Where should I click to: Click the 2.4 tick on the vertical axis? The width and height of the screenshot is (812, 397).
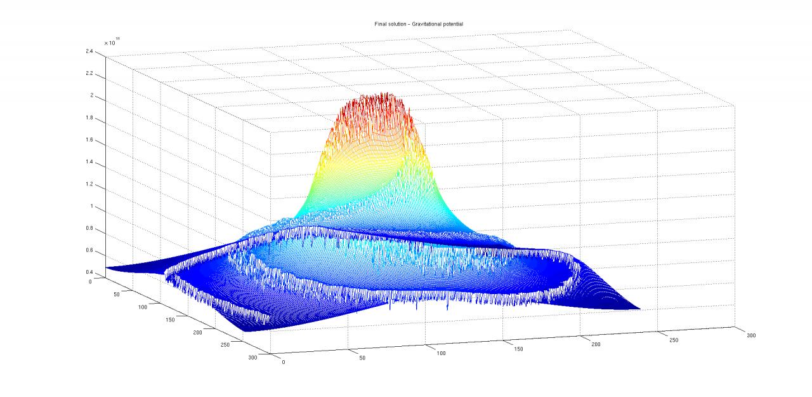pos(90,51)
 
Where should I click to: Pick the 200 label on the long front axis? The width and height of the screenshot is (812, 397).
pos(594,344)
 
